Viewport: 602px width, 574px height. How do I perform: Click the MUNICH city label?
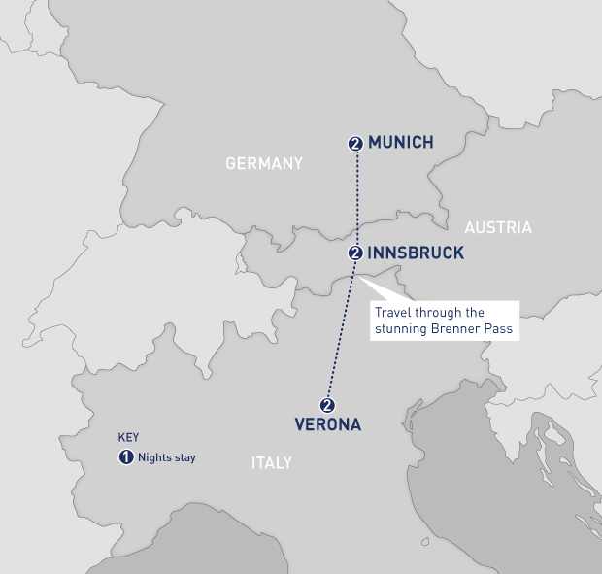pyautogui.click(x=400, y=143)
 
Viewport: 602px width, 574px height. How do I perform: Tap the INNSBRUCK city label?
pyautogui.click(x=416, y=253)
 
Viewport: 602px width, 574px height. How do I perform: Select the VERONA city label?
pyautogui.click(x=328, y=424)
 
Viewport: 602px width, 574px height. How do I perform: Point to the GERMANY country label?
pyautogui.click(x=264, y=163)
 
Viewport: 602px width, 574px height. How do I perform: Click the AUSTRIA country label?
pyautogui.click(x=498, y=228)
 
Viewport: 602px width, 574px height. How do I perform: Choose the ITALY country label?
pyautogui.click(x=272, y=463)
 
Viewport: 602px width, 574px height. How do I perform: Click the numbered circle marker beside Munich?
pyautogui.click(x=355, y=144)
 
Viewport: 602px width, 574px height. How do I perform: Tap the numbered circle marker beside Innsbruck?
pyautogui.click(x=355, y=253)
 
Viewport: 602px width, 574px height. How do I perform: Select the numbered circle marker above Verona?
pyautogui.click(x=327, y=405)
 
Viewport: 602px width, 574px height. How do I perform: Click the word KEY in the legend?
pyautogui.click(x=128, y=438)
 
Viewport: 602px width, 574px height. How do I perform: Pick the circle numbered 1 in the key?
pyautogui.click(x=125, y=456)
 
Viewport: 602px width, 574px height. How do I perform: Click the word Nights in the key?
pyautogui.click(x=154, y=456)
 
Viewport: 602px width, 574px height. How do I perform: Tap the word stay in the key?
pyautogui.click(x=184, y=456)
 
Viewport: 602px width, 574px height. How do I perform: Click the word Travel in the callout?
pyautogui.click(x=394, y=313)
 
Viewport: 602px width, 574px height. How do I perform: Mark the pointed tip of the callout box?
pyautogui.click(x=359, y=278)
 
